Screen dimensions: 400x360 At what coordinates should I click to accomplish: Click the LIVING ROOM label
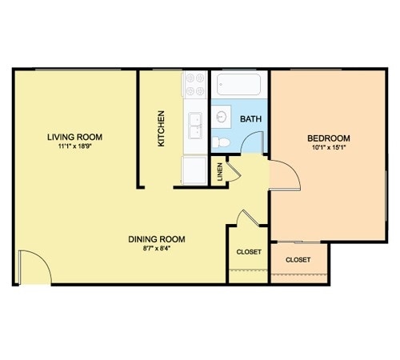(74, 137)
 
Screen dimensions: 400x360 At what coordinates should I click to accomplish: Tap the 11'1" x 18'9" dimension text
(74, 146)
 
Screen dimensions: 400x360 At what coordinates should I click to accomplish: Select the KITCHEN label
(161, 129)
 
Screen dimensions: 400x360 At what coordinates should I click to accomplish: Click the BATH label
(250, 118)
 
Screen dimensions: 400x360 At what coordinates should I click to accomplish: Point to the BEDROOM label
(329, 138)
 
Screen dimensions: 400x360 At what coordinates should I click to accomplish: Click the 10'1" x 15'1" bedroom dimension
(329, 147)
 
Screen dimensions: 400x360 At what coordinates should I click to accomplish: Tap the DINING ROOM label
(157, 239)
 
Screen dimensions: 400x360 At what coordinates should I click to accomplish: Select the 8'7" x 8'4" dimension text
(157, 248)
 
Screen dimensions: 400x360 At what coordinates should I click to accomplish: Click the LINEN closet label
(220, 172)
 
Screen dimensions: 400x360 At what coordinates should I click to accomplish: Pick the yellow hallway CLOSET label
(249, 252)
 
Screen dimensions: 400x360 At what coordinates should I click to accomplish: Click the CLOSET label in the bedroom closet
(298, 260)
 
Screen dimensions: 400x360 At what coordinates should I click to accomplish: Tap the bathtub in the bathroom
(238, 84)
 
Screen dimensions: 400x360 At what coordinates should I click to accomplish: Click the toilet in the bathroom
(221, 142)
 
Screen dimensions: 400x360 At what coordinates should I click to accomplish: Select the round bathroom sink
(222, 117)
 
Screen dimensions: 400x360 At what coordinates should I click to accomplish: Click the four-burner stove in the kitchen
(195, 84)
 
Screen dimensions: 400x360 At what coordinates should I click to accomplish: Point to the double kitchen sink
(195, 126)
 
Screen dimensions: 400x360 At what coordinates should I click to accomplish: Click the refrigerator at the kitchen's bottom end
(194, 170)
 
